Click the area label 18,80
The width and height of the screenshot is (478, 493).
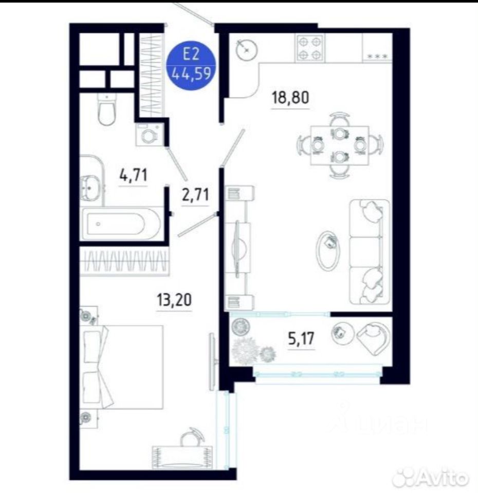290,97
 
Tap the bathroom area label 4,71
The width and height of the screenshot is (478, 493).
133,175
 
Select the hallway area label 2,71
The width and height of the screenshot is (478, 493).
195,194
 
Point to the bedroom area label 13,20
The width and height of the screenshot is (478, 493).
174,299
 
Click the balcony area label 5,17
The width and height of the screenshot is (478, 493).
301,338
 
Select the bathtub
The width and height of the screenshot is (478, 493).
122,223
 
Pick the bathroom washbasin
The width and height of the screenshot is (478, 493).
90,188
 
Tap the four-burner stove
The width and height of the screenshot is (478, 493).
310,48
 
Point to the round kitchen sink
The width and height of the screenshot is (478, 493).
247,50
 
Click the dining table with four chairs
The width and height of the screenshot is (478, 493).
340,145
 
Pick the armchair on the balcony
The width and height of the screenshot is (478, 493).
373,338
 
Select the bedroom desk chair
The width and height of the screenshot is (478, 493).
192,437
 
